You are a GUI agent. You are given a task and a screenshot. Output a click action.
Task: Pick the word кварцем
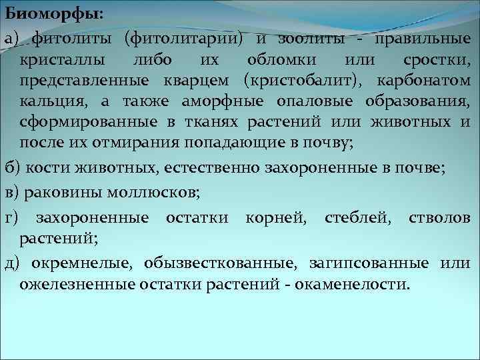(194, 81)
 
